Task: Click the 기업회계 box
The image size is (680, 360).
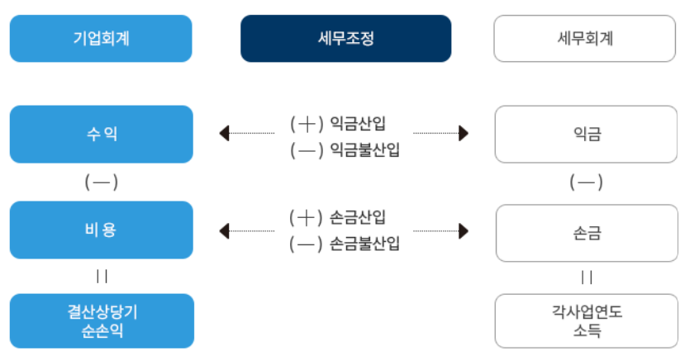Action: click(x=101, y=38)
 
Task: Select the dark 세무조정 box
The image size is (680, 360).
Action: click(x=345, y=38)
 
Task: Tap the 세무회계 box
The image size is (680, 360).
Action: click(x=585, y=38)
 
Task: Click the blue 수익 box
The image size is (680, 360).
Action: click(x=101, y=133)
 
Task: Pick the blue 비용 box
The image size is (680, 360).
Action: click(x=101, y=230)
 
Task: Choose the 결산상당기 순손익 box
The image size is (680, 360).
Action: click(x=101, y=320)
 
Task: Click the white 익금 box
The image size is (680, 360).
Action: click(x=585, y=134)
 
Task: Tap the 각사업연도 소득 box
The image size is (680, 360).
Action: click(x=585, y=321)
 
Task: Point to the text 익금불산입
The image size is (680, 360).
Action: click(x=364, y=150)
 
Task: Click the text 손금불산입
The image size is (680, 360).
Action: click(x=364, y=244)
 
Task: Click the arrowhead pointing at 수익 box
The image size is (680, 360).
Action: click(x=223, y=133)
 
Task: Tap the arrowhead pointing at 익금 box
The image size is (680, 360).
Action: click(x=464, y=133)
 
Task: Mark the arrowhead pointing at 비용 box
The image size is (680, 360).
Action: click(x=223, y=231)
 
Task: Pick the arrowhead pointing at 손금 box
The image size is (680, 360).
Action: click(x=464, y=231)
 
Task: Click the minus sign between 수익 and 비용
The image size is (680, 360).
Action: click(x=101, y=182)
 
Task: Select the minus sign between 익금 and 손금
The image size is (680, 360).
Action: click(x=585, y=182)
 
